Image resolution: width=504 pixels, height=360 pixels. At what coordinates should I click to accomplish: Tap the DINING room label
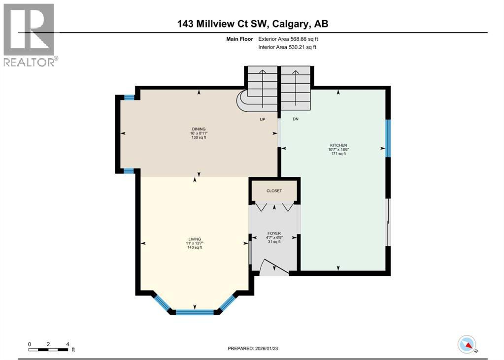point(199,129)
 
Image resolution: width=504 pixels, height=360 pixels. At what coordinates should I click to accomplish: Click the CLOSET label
point(274,191)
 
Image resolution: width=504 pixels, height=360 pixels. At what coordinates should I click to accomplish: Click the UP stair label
point(263,119)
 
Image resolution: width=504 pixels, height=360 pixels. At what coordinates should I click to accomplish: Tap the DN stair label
point(296,119)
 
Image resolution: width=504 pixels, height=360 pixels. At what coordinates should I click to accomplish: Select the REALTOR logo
point(29,34)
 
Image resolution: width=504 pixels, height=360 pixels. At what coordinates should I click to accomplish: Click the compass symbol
point(467,344)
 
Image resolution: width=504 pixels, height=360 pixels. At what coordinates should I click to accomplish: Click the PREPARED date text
point(256,348)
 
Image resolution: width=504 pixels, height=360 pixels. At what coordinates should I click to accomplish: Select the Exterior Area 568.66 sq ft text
point(292,39)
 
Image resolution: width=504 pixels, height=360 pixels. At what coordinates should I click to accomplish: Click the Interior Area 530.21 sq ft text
point(287,47)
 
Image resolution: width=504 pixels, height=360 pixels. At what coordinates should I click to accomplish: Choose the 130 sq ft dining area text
point(199,138)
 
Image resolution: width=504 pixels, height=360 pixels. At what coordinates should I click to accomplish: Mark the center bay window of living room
point(195,312)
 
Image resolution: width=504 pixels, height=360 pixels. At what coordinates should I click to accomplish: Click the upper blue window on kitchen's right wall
point(388,138)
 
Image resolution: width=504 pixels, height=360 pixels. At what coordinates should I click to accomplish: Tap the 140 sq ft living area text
point(195,247)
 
